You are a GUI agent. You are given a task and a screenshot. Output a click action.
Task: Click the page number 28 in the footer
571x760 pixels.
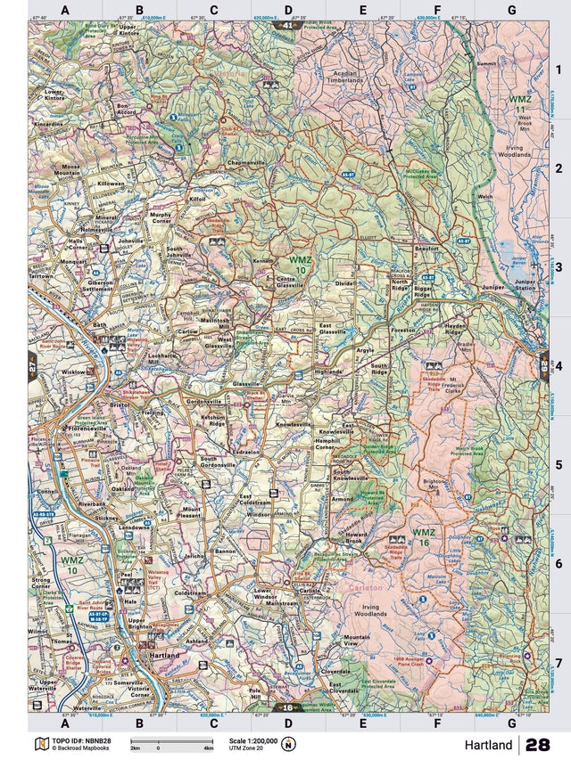[537, 745]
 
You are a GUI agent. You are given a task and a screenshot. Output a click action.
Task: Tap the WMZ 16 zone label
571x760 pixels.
[424, 537]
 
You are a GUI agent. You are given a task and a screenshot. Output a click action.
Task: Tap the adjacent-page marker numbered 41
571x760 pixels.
[286, 26]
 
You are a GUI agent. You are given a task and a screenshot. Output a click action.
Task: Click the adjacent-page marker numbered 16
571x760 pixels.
[287, 707]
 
